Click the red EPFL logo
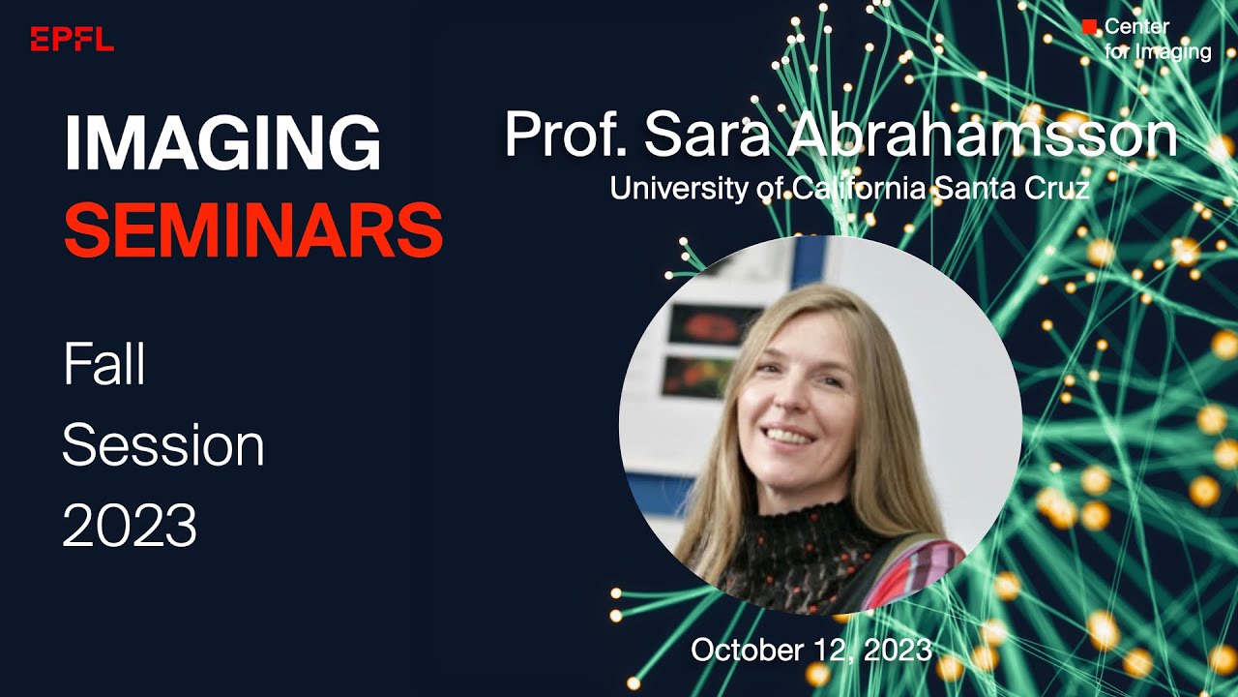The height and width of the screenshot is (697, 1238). coord(72,39)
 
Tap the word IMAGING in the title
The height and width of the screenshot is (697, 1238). coord(221,144)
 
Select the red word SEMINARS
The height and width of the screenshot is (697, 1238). coord(252,229)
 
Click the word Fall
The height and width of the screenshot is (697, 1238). coord(103,366)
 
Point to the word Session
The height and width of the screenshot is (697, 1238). coord(162,445)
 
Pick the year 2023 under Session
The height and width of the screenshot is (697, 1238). coord(129,526)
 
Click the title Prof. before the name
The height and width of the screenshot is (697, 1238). coord(567,135)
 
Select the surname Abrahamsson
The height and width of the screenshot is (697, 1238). coord(982,135)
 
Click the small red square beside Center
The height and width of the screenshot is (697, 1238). coord(1090,27)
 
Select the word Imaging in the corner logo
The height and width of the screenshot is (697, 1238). coord(1172,51)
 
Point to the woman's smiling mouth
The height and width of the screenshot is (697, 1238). coord(789,436)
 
